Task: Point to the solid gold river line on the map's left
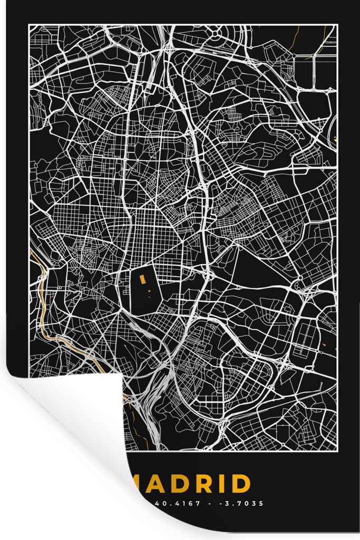coord(42,295)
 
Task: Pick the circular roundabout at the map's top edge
coord(216,33)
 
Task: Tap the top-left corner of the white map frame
coord(29,25)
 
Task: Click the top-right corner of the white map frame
coord(336,25)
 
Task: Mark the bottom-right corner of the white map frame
coord(336,451)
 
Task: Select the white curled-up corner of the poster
coord(69,422)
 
